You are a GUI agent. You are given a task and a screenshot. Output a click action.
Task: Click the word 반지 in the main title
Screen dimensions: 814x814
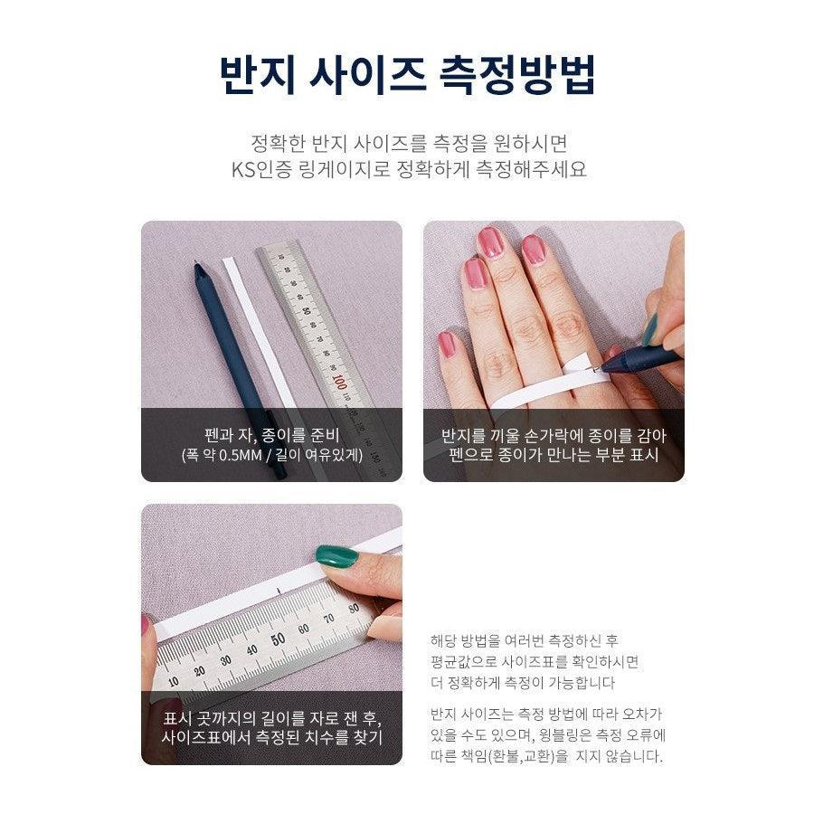[x=257, y=74]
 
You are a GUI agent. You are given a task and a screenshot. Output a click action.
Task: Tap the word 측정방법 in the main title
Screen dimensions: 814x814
[x=517, y=74]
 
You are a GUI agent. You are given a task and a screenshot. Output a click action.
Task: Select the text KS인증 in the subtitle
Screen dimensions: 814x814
[x=261, y=170]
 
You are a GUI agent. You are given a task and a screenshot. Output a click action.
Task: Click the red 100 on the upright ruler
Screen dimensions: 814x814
[x=339, y=383]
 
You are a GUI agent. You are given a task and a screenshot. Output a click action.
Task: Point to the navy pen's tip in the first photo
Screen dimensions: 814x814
[x=196, y=263]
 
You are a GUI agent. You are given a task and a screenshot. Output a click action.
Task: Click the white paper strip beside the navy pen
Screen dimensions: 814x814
[x=258, y=331]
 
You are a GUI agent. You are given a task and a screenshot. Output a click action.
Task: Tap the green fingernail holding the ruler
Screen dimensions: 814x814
[x=337, y=555]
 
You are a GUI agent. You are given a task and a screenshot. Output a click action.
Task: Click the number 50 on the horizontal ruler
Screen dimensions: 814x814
[x=279, y=639]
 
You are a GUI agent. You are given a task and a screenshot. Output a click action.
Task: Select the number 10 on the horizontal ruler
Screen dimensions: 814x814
[x=174, y=681]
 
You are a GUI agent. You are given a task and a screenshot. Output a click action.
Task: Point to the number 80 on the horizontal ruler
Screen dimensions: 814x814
[x=354, y=609]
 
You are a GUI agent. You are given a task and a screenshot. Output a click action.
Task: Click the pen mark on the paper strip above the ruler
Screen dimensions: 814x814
[x=279, y=591]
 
